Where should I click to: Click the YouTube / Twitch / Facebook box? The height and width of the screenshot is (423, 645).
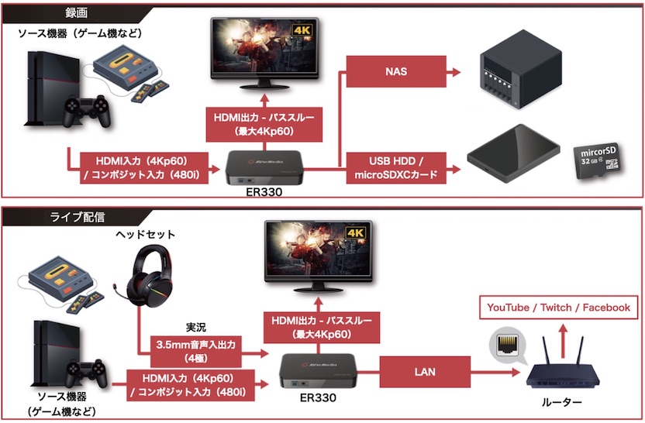tap(557, 308)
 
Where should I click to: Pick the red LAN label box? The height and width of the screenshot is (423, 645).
tap(425, 372)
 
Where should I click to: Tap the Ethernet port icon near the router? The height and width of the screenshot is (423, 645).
tap(505, 341)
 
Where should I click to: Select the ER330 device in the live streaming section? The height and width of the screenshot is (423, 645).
tap(318, 373)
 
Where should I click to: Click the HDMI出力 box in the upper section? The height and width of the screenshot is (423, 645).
tap(264, 125)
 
